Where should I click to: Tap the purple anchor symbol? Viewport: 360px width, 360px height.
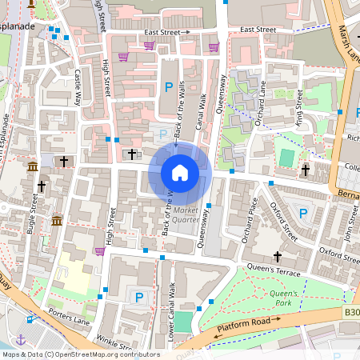[22, 339]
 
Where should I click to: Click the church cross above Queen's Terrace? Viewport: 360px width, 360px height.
[278, 257]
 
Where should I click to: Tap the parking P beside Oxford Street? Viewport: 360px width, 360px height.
[302, 213]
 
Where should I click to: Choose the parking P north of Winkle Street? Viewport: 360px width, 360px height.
[139, 298]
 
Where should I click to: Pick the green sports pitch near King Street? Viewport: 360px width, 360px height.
[286, 158]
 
